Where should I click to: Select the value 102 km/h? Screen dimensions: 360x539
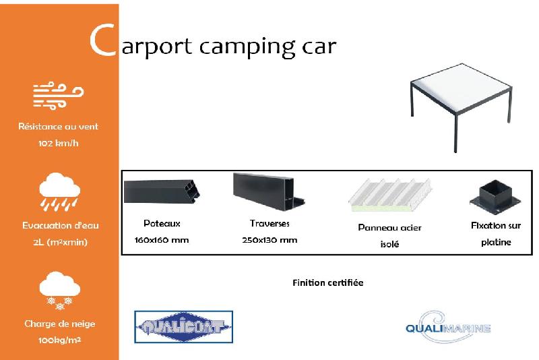pyautogui.click(x=59, y=143)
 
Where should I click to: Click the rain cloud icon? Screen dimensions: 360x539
pyautogui.click(x=59, y=191)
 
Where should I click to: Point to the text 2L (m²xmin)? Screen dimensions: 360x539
pyautogui.click(x=59, y=242)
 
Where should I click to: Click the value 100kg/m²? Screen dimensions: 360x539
pyautogui.click(x=59, y=340)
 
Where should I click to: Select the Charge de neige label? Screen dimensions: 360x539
pyautogui.click(x=59, y=324)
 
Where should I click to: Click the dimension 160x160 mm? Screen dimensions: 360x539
pyautogui.click(x=162, y=240)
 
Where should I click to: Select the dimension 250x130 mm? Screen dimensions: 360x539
pyautogui.click(x=269, y=240)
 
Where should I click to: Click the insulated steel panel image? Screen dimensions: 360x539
pyautogui.click(x=389, y=195)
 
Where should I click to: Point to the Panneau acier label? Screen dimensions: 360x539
pyautogui.click(x=389, y=228)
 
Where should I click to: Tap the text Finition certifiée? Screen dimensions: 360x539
pyautogui.click(x=327, y=282)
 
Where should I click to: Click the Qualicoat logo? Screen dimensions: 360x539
pyautogui.click(x=183, y=328)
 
